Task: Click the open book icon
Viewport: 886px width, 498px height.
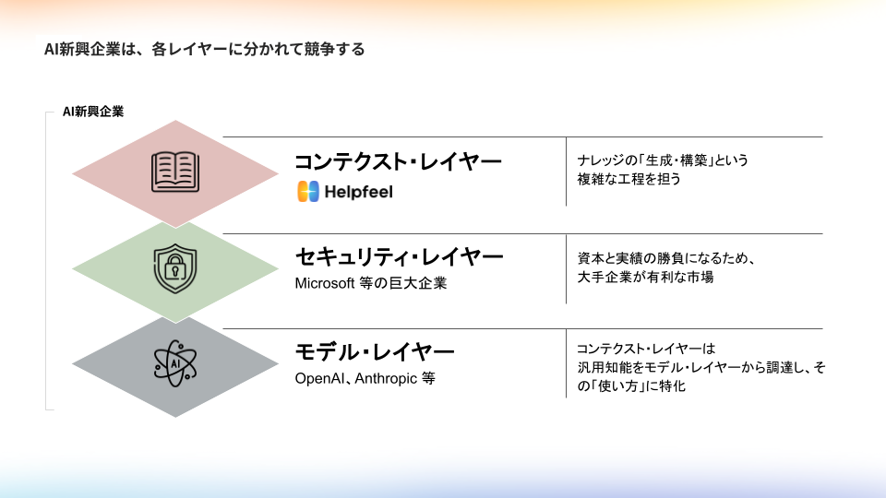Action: pos(175,172)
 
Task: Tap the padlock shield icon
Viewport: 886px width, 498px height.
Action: pos(175,267)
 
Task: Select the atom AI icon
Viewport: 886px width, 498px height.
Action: pos(175,363)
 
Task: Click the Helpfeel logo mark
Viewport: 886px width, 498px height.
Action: pos(308,192)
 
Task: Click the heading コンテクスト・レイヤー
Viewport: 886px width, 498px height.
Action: pos(398,161)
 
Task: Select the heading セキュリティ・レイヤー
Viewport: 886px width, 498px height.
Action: pos(399,255)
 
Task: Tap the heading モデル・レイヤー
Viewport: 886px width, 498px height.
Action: pos(375,351)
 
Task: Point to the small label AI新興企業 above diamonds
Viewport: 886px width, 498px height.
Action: pos(93,112)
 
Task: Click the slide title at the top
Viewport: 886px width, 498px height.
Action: pos(204,49)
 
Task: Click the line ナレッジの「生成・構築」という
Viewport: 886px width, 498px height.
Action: pos(663,160)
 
